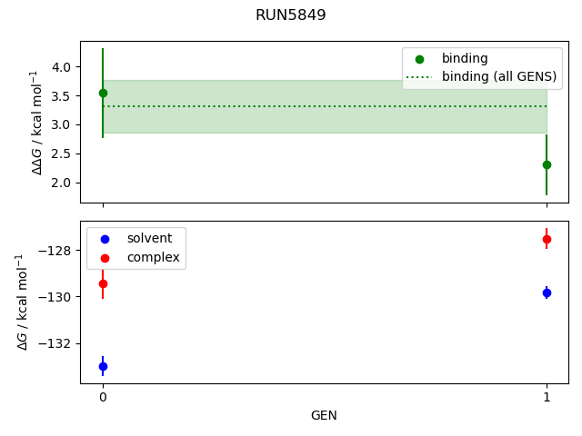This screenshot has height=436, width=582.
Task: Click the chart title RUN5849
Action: pyautogui.click(x=291, y=15)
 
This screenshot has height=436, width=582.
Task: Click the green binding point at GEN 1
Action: pyautogui.click(x=547, y=164)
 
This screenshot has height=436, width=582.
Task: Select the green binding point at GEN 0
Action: pyautogui.click(x=103, y=93)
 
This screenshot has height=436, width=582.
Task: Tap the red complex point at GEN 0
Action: pyautogui.click(x=103, y=283)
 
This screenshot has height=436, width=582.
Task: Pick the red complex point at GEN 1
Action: pyautogui.click(x=547, y=239)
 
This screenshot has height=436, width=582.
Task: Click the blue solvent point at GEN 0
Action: pyautogui.click(x=103, y=366)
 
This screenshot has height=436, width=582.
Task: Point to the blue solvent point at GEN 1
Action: pyautogui.click(x=547, y=292)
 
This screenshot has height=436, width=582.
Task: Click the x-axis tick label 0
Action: pyautogui.click(x=103, y=398)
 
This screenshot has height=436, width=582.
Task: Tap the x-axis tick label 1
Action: pyautogui.click(x=547, y=398)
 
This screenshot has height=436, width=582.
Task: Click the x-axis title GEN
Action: pyautogui.click(x=325, y=415)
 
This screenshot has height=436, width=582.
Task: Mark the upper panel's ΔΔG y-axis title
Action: pyautogui.click(x=37, y=122)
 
